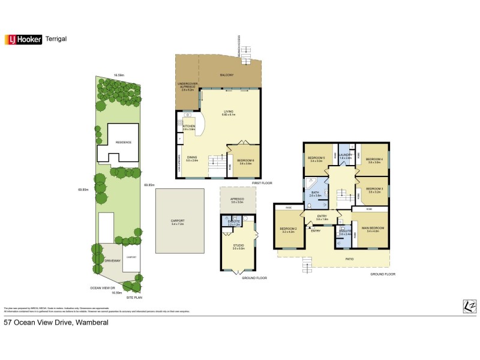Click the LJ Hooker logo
(23, 39)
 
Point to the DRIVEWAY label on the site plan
(113, 261)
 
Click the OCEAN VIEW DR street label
(102, 287)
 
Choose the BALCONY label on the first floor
(226, 74)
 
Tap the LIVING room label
(229, 112)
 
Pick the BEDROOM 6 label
(245, 161)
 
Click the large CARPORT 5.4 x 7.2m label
(178, 221)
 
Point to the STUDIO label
(239, 245)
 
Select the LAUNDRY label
(344, 155)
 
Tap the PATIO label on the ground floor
(349, 259)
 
